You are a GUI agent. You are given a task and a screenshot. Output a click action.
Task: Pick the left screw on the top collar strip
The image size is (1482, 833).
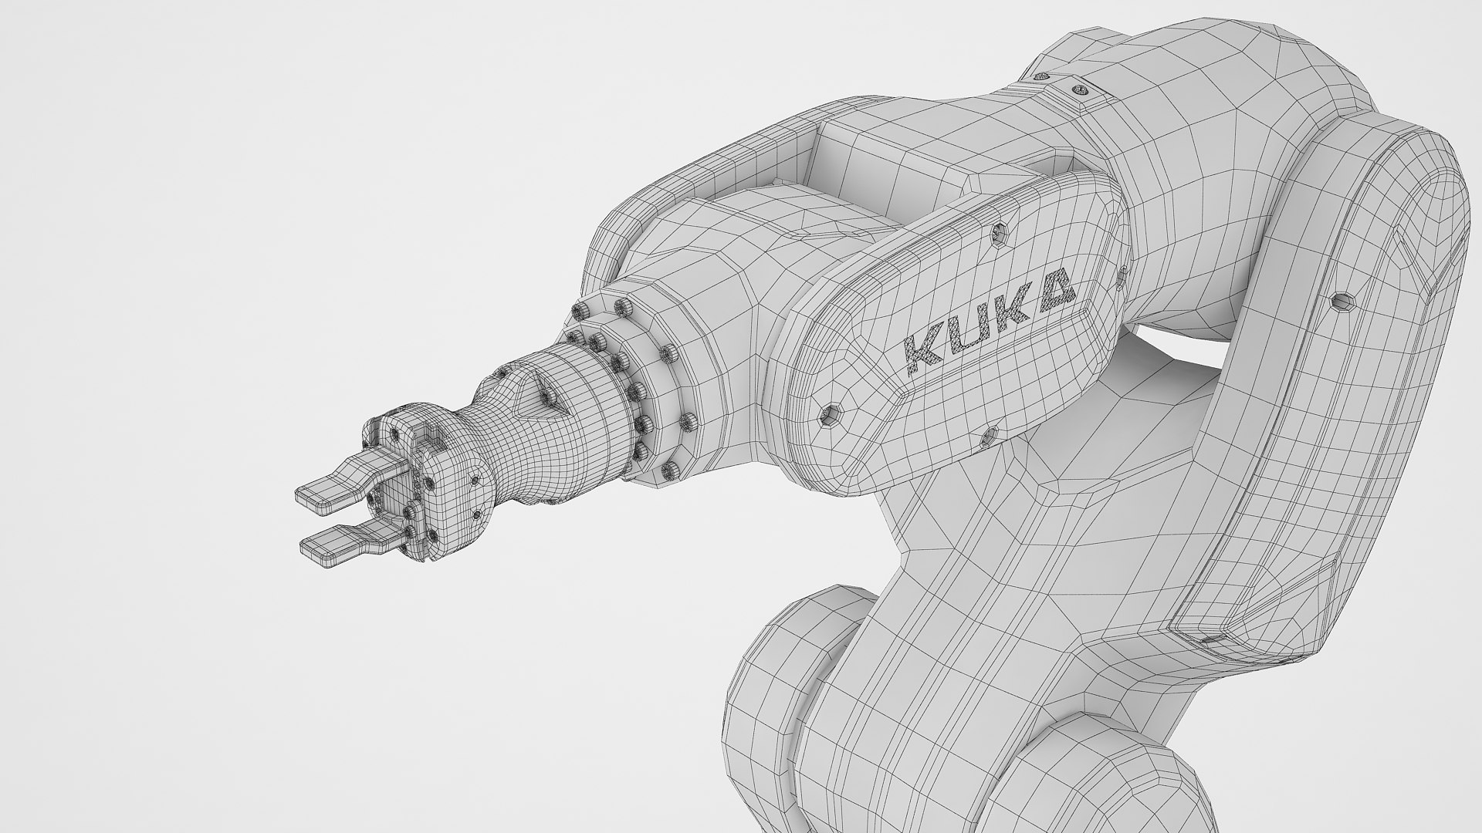click(1042, 78)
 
